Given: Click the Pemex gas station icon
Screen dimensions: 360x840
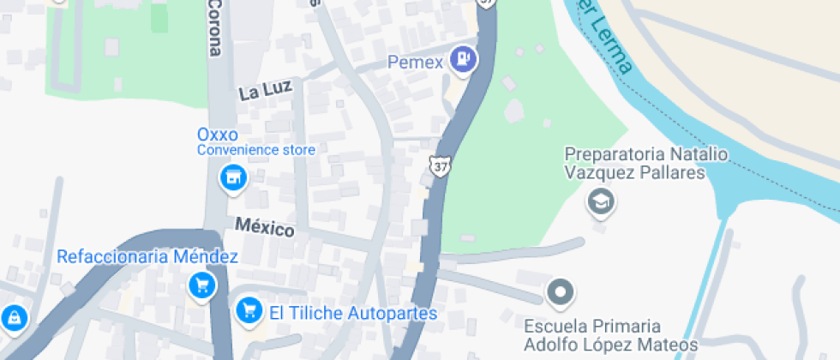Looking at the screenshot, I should point(465,58).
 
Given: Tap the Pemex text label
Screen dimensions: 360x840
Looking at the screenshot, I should point(416,63).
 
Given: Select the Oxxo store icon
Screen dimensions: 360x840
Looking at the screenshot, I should point(231,178).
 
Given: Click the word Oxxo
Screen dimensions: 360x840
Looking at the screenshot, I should point(217,135).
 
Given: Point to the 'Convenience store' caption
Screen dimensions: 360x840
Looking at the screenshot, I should point(256,150).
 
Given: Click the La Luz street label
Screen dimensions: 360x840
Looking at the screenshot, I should point(266,89).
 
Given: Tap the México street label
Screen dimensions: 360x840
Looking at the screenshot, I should point(265,228).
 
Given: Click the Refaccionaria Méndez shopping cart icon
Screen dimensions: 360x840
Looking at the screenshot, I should point(201,285).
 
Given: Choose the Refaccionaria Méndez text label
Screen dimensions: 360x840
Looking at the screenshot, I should point(147,257).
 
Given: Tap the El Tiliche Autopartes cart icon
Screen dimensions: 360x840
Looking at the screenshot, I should point(249,309).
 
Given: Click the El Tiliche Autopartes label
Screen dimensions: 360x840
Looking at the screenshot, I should point(353,314).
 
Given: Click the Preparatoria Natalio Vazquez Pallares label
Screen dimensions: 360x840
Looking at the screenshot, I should point(634,164).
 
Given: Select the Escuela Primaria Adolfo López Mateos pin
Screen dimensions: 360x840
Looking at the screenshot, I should point(561,292).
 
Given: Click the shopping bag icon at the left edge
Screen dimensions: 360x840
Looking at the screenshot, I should point(13,318).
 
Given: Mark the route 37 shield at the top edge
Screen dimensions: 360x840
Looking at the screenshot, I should point(487,3).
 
